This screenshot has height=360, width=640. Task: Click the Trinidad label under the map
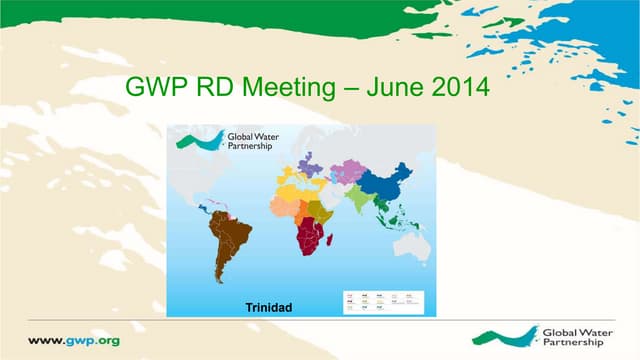268,307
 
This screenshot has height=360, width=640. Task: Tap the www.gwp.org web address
74,340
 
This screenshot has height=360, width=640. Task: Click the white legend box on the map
383,301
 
